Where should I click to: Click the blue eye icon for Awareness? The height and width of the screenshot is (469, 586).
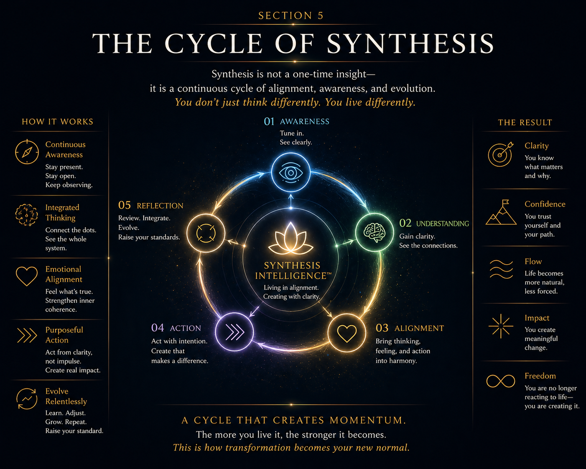290,172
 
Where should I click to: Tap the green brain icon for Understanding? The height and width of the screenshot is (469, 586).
374,232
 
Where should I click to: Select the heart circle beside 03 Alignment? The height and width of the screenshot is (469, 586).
347,333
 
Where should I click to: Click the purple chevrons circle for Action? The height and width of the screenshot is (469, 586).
234,332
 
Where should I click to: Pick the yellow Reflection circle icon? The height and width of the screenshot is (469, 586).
206,233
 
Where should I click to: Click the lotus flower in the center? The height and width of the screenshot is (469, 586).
290,239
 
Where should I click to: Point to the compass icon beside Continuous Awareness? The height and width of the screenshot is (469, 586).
27,152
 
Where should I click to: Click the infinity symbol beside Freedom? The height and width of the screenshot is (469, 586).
500,381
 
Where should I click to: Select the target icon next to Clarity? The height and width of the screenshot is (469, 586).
500,154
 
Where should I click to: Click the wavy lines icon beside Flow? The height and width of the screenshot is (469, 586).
501,269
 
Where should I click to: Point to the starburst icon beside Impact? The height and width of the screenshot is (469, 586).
500,326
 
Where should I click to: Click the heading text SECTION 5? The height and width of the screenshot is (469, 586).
291,16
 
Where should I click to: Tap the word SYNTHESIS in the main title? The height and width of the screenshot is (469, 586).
410,43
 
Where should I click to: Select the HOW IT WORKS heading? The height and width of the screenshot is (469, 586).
58,122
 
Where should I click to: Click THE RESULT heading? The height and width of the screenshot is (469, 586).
525,122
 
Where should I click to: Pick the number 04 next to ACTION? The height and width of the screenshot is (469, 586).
158,328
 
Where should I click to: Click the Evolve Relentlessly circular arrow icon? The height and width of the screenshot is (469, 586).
27,399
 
